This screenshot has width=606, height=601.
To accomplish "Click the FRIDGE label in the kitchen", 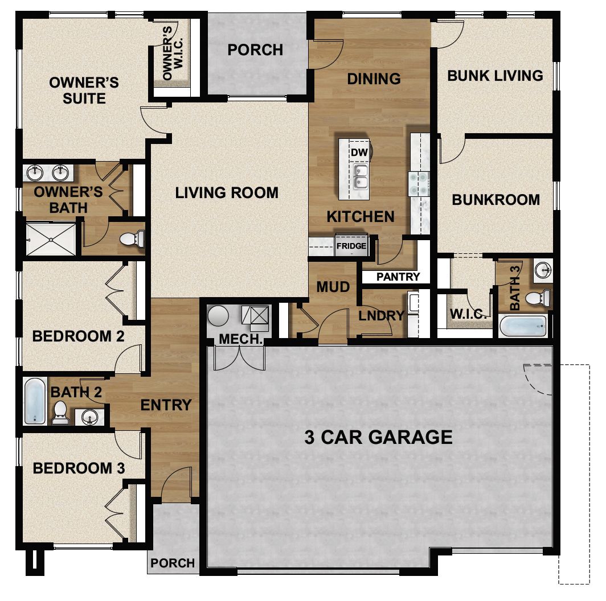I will tap(351, 246).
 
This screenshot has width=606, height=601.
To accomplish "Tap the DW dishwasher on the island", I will tap(359, 153).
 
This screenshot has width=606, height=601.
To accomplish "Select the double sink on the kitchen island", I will tap(359, 177).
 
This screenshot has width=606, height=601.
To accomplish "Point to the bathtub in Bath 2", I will tap(35, 401).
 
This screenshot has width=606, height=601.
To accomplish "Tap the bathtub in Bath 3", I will tap(523, 326).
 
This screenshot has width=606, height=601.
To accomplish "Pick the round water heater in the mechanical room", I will tap(218, 316).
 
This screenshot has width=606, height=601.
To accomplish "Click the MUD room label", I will tap(333, 287).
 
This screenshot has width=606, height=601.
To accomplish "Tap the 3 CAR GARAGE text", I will tap(378, 437).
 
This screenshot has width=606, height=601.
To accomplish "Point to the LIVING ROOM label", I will tap(227, 193).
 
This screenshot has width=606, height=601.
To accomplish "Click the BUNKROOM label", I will tap(496, 200).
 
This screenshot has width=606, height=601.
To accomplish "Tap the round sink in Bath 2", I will tap(89, 417).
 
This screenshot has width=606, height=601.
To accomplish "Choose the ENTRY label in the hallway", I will tap(166, 405).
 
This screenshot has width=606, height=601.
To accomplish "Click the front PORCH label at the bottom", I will tap(173, 563).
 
